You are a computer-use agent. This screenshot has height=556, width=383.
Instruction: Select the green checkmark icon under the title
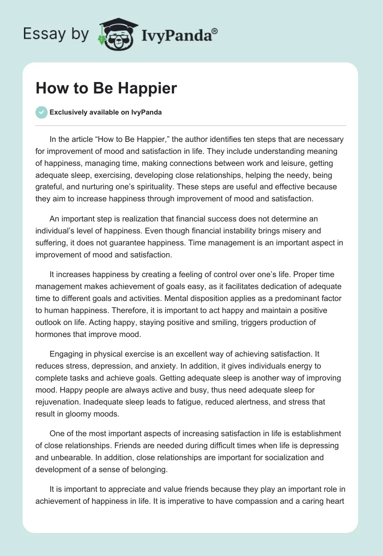point(41,112)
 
